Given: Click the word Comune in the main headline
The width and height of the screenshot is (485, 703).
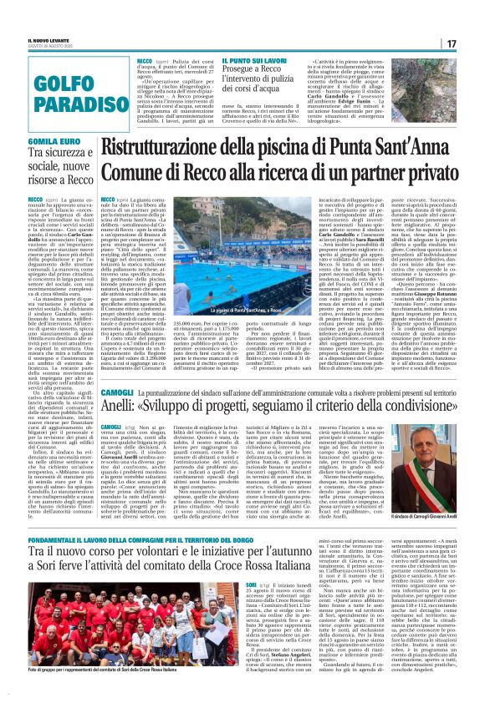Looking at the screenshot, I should [160, 172].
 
